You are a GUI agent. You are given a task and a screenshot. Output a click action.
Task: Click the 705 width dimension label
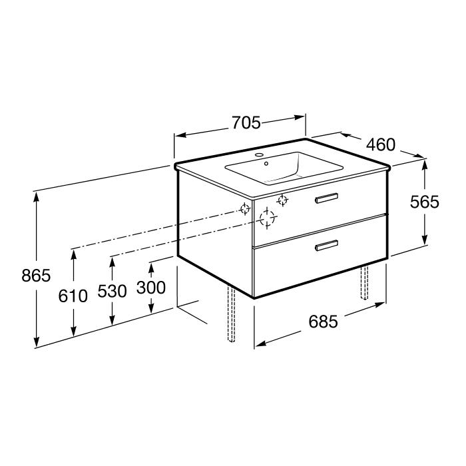tap(246, 122)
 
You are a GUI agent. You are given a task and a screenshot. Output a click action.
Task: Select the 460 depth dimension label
tap(381, 144)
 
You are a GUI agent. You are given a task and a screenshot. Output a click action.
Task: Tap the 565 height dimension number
tap(425, 202)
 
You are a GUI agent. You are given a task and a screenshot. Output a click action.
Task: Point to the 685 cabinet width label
tap(323, 322)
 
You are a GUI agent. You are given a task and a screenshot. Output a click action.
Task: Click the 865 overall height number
tap(36, 276)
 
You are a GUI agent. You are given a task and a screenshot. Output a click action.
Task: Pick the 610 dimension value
tap(73, 296)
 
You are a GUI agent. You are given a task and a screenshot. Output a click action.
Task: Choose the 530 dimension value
tap(112, 291)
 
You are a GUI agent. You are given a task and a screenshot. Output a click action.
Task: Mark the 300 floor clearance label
tap(151, 288)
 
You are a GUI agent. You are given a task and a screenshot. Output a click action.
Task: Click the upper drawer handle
tap(326, 198)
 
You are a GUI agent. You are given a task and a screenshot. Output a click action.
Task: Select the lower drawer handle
tap(326, 245)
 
